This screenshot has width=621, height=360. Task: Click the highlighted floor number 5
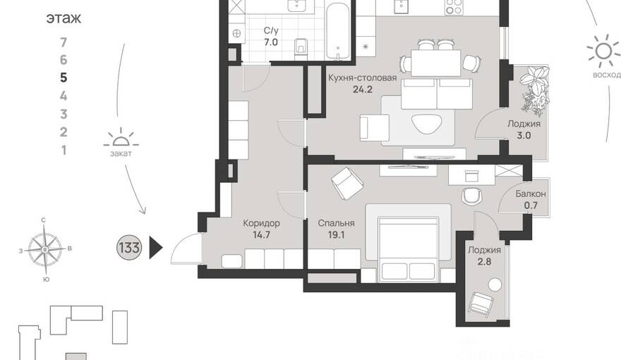pos(64,78)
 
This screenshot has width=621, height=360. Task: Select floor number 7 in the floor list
pos(64,42)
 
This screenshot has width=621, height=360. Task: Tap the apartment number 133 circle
pos(129,248)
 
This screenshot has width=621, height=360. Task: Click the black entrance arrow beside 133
pos(156,248)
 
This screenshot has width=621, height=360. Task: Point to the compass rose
pos(44,249)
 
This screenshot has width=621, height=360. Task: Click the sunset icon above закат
pos(121,138)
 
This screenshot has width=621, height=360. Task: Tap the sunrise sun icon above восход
pos(603,51)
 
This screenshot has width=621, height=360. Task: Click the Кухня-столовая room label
pos(363,78)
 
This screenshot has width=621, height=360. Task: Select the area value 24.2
pos(363,90)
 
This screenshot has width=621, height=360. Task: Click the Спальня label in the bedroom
pos(336,223)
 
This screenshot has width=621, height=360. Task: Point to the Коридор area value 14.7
pos(261,235)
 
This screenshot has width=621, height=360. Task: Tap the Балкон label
pos(531,194)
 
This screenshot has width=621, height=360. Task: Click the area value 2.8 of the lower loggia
pos(484,261)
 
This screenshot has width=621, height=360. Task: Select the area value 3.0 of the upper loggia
pos(524,136)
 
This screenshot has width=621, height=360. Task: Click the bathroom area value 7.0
pos(271,42)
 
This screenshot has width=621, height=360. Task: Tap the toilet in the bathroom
pos(301,49)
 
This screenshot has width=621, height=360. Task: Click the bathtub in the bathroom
pos(338,31)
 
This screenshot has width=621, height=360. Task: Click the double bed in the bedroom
pos(408,248)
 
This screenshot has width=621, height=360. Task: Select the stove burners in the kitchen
pos(454,7)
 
